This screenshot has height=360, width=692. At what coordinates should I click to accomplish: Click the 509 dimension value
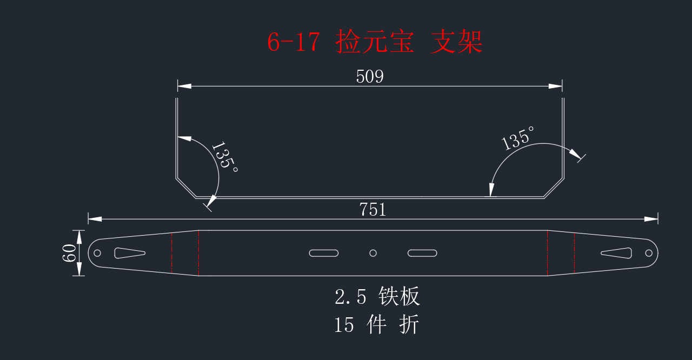click(369, 76)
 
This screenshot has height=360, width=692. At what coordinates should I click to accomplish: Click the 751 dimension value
click(372, 210)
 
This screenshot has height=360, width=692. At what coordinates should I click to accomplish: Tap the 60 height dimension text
click(69, 253)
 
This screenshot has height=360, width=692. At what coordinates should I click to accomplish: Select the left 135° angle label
click(224, 156)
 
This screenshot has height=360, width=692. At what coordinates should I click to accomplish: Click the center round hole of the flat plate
click(373, 253)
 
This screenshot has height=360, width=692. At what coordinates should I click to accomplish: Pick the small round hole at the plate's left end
click(97, 253)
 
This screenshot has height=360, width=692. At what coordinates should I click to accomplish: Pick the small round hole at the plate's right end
click(649, 253)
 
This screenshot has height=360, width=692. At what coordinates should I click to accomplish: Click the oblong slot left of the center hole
click(324, 253)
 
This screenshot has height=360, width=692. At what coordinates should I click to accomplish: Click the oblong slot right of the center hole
click(422, 253)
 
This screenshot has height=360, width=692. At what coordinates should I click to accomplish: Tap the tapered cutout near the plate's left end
click(130, 253)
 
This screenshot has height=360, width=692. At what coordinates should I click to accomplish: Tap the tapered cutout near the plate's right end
click(616, 253)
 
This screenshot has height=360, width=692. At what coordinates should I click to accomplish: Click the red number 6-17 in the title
click(294, 42)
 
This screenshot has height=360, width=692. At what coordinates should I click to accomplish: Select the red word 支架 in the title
click(456, 42)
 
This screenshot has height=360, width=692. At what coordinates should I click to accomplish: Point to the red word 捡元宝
click(375, 42)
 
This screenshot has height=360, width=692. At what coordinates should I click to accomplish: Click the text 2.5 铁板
click(377, 296)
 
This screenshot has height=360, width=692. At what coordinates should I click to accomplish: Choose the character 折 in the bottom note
click(409, 324)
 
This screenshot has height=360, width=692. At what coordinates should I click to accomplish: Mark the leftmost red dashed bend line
click(172, 253)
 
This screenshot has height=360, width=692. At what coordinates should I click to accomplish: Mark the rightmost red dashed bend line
click(574, 253)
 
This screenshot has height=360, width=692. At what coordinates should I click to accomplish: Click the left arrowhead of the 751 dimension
click(95, 219)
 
